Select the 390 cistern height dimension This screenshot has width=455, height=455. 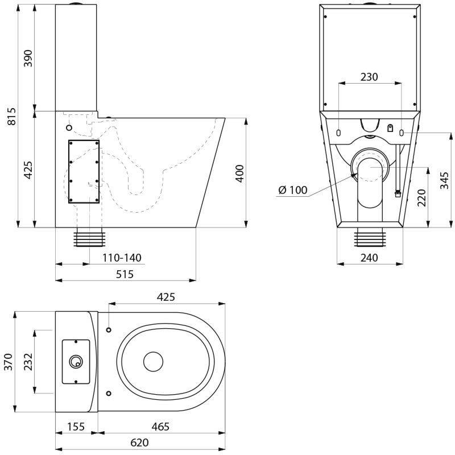pos(28,59)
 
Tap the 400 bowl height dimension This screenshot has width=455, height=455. pos(239,173)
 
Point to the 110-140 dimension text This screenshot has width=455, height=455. pos(122,258)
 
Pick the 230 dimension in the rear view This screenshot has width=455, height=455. pos(369,77)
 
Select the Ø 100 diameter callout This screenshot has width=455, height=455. pos(293,190)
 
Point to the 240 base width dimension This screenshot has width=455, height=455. pos(369,258)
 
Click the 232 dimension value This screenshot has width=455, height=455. pos(28,361)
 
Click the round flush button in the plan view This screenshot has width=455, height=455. pos(75,361)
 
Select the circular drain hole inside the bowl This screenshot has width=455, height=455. pos(153,361)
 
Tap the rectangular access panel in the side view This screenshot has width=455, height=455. pos(84,171)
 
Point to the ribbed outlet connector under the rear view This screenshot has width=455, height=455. pos(370,238)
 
